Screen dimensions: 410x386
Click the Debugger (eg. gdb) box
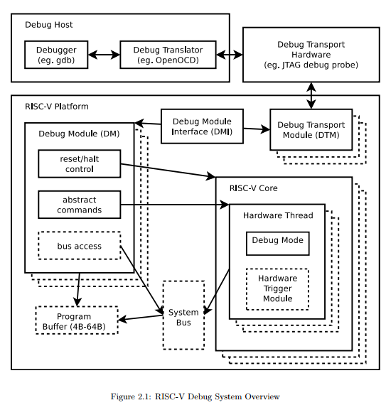click(x=55, y=55)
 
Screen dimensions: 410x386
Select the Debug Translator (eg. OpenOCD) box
click(x=168, y=55)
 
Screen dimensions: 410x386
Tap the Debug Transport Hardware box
click(x=311, y=55)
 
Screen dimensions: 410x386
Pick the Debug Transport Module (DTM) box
click(x=311, y=129)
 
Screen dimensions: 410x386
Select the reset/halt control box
click(x=79, y=164)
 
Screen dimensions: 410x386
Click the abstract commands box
click(x=79, y=205)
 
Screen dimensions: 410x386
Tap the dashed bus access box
click(x=79, y=246)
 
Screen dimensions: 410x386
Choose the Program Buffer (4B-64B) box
click(x=76, y=321)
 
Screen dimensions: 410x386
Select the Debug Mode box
click(x=277, y=242)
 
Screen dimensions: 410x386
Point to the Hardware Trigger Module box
click(x=277, y=288)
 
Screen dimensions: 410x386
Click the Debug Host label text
click(x=49, y=25)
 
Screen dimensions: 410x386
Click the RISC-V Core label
click(x=253, y=188)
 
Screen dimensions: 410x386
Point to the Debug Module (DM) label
click(x=79, y=134)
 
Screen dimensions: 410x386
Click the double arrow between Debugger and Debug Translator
click(x=104, y=55)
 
